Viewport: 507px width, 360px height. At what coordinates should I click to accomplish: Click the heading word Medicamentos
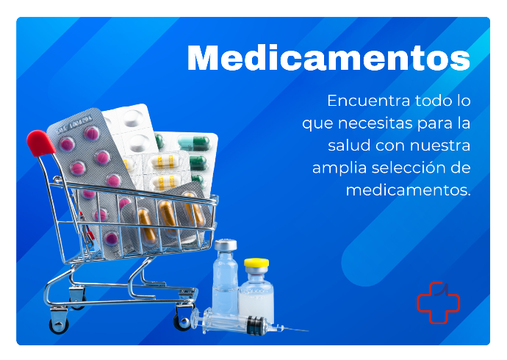coord(328,57)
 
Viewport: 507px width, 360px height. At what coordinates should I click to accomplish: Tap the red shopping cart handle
coord(40,143)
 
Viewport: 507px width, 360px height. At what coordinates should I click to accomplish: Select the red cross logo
coord(438,303)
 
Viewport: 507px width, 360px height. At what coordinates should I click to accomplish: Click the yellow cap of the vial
coord(256,262)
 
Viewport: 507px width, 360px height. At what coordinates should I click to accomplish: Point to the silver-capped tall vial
coord(225,276)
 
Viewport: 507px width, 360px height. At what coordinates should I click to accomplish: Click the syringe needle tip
coord(308,331)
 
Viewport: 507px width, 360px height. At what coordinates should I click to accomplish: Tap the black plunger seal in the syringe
coord(255,325)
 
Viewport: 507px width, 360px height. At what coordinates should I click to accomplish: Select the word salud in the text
coord(349,145)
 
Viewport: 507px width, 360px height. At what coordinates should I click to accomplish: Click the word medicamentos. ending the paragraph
coord(409,190)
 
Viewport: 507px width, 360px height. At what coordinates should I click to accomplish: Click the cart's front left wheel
coord(59,325)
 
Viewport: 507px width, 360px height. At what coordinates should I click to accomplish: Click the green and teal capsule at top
coord(194,143)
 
